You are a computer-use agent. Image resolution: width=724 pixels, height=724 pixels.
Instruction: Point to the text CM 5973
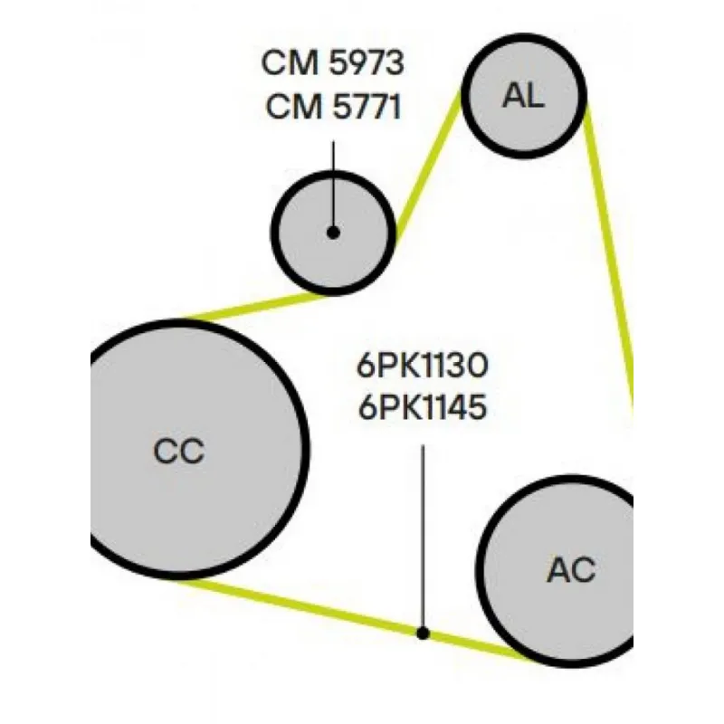332,64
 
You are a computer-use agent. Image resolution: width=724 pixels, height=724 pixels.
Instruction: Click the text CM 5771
332,107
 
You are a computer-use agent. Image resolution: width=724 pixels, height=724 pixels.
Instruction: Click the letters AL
524,96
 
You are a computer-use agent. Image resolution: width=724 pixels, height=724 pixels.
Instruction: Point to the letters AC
571,571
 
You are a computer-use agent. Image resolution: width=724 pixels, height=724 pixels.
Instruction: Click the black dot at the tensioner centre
333,233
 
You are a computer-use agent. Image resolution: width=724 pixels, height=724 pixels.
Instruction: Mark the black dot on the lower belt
422,633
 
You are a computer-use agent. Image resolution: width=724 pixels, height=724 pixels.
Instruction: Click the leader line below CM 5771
333,181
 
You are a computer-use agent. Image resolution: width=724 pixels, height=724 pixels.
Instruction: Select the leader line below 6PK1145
423,534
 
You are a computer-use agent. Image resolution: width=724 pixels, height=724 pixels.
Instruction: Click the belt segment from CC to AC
344,616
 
